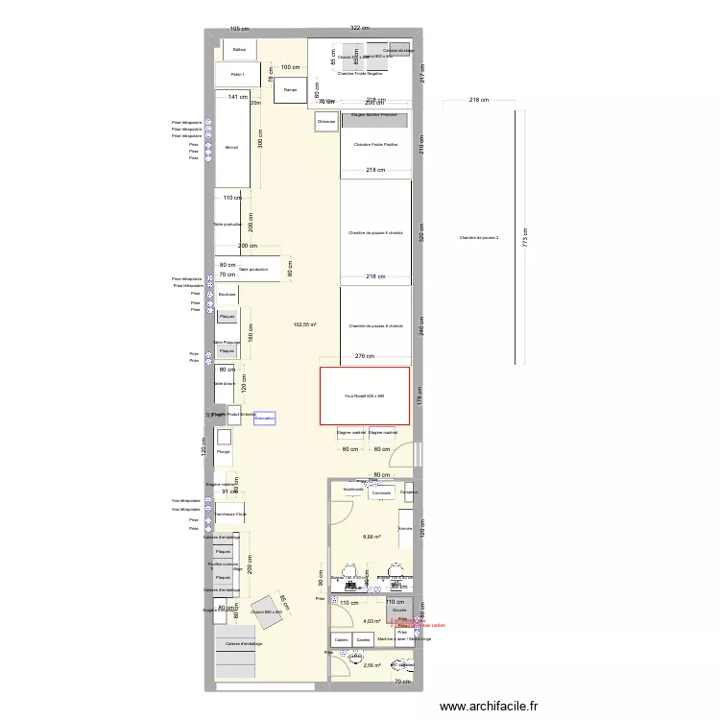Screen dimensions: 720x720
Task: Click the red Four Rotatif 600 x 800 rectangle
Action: [365, 396]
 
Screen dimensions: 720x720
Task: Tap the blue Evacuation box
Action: [265, 419]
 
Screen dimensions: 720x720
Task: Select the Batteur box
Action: [239, 49]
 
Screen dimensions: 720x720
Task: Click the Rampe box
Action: [289, 91]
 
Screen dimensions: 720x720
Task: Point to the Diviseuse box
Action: [326, 121]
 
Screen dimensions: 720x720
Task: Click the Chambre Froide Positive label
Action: [375, 145]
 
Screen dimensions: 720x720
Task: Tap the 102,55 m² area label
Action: [306, 324]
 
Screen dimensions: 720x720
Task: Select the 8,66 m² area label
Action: [372, 537]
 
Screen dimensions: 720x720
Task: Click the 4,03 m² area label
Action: [372, 621]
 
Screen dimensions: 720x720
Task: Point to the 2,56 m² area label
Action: [372, 665]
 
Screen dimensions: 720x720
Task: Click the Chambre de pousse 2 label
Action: [478, 237]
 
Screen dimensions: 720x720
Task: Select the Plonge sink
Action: [224, 452]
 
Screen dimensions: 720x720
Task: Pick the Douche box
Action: [399, 609]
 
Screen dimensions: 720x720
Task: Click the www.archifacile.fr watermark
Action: [490, 706]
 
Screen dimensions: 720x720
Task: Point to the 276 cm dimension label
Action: [364, 356]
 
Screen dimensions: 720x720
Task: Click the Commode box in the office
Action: [382, 493]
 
